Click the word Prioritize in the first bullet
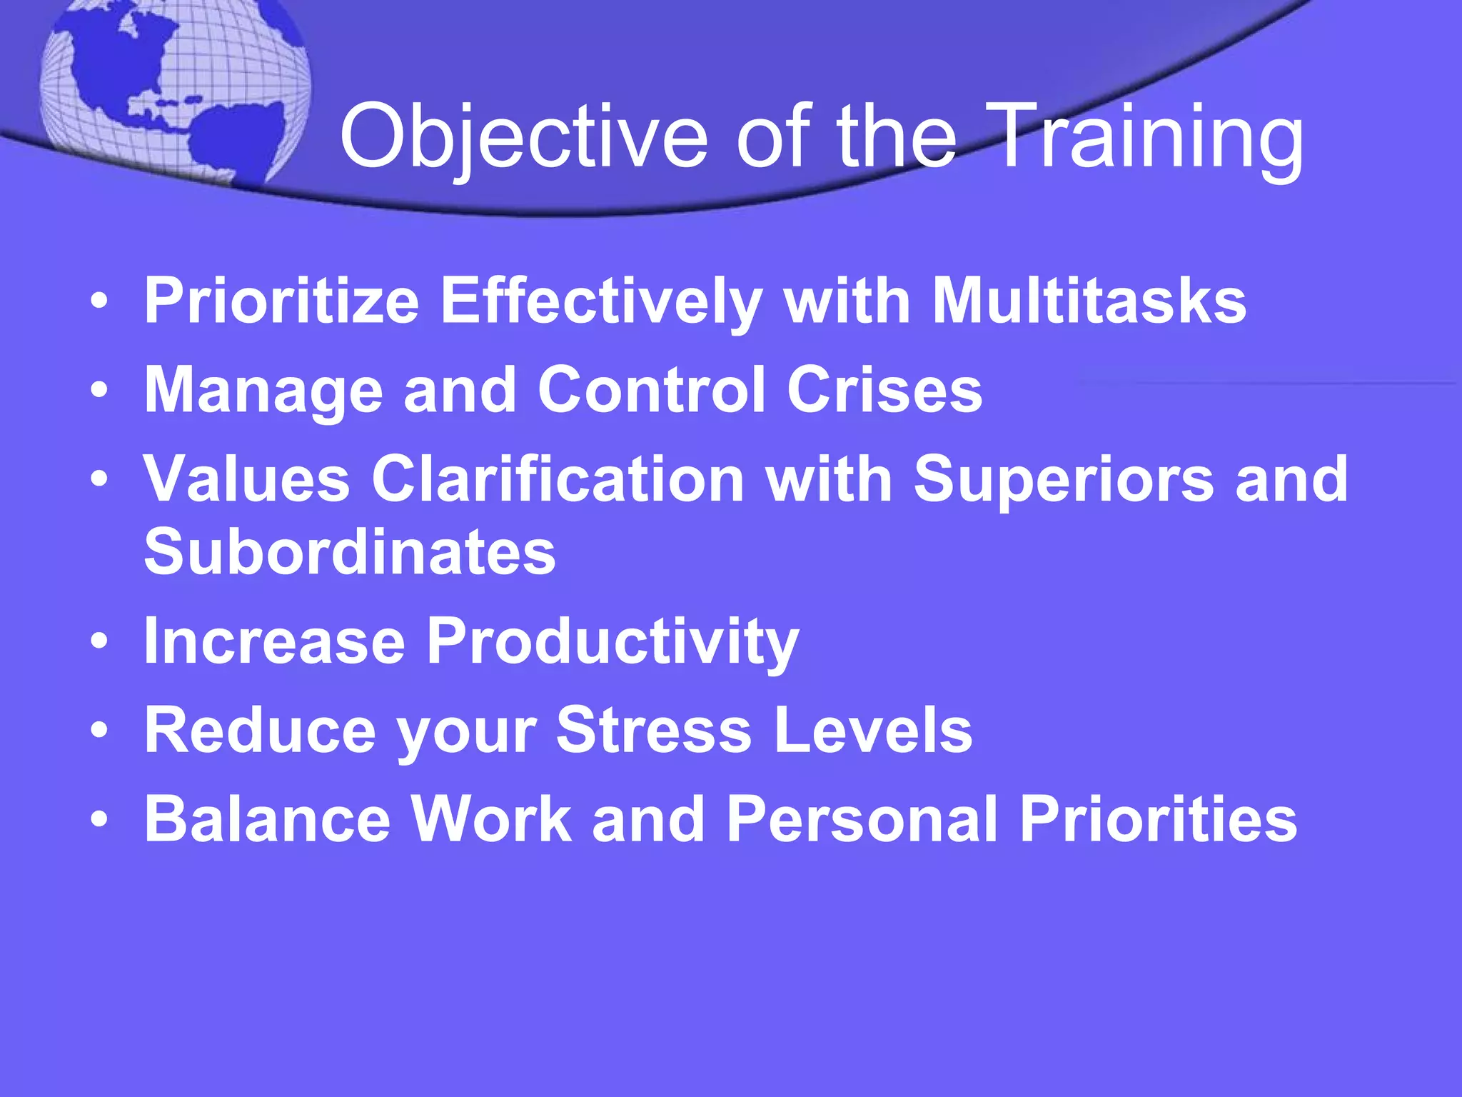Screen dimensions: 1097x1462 click(x=281, y=301)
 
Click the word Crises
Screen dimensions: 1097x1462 click(x=884, y=390)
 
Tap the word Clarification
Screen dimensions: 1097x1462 click(x=558, y=479)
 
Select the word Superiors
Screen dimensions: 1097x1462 click(x=1064, y=479)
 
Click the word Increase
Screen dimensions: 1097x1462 click(x=275, y=640)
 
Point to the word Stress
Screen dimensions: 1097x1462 click(x=654, y=730)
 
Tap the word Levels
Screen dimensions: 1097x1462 click(x=873, y=730)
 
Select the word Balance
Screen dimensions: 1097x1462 click(x=268, y=819)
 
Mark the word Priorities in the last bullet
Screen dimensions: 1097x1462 click(x=1158, y=819)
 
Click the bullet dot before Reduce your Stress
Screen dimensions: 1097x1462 click(x=100, y=731)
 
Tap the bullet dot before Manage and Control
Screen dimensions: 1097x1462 click(x=100, y=390)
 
